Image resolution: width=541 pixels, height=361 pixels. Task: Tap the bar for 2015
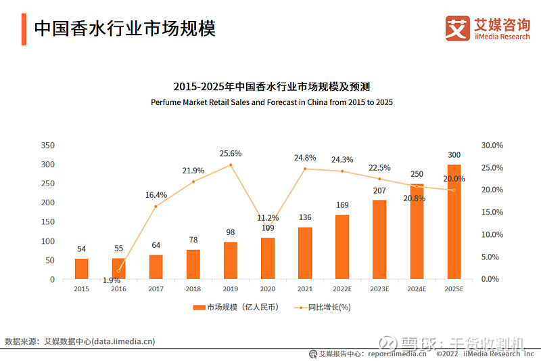[81, 268]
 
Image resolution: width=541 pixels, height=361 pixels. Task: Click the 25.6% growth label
[231, 154]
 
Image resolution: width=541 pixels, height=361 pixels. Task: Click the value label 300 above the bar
[454, 156]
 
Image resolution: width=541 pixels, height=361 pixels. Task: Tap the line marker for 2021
[305, 169]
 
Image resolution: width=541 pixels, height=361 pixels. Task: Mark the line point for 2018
[193, 182]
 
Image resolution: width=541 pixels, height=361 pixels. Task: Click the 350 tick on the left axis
[47, 146]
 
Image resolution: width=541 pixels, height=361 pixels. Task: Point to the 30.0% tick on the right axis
[492, 146]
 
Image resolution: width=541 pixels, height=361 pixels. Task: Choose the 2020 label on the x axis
[268, 289]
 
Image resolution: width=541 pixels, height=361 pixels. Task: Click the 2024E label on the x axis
[417, 289]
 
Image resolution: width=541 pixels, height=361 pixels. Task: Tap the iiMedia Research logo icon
[457, 28]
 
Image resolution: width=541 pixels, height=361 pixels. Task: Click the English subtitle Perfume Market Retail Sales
[271, 102]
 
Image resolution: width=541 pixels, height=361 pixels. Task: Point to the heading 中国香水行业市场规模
[124, 28]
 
